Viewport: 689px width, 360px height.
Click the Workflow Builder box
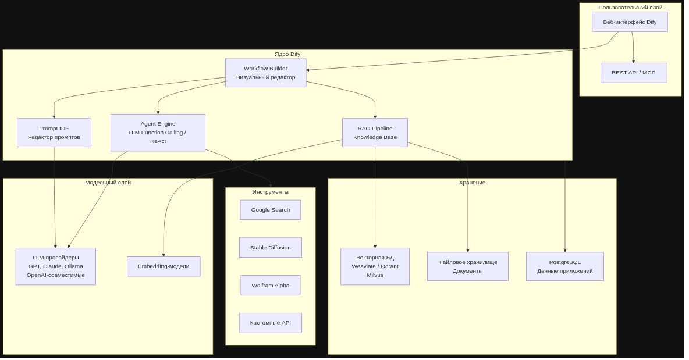pyautogui.click(x=265, y=73)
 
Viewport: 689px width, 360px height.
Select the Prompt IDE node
pyautogui.click(x=54, y=133)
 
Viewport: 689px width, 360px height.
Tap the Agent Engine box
pyautogui.click(x=158, y=133)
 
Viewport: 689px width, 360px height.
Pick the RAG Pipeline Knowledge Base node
pyautogui.click(x=375, y=133)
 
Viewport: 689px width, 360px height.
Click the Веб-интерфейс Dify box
pyautogui.click(x=630, y=22)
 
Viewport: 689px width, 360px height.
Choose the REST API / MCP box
pyautogui.click(x=633, y=73)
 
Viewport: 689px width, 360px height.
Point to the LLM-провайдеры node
pyautogui.click(x=56, y=266)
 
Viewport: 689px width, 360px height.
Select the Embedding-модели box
pyautogui.click(x=164, y=266)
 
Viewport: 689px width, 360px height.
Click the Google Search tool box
pyautogui.click(x=270, y=210)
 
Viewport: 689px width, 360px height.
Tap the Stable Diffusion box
pyautogui.click(x=270, y=248)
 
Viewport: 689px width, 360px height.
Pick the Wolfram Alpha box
pyautogui.click(x=270, y=286)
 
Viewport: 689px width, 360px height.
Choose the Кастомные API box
pyautogui.click(x=270, y=323)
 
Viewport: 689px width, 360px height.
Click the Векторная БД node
pyautogui.click(x=375, y=266)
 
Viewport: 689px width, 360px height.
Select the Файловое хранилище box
pyautogui.click(x=467, y=266)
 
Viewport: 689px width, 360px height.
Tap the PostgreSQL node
pyautogui.click(x=564, y=266)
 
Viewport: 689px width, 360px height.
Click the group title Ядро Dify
pyautogui.click(x=287, y=54)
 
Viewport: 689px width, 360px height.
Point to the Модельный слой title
pyautogui.click(x=108, y=183)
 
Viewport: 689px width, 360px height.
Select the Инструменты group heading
pyautogui.click(x=270, y=192)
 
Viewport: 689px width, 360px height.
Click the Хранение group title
pyautogui.click(x=473, y=183)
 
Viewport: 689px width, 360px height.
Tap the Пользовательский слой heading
pyautogui.click(x=630, y=8)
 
